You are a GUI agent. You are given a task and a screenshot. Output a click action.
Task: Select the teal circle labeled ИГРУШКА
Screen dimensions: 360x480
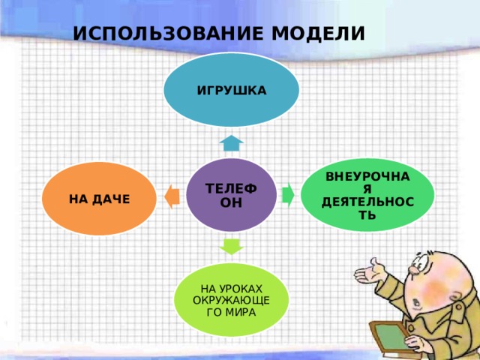click(x=232, y=89)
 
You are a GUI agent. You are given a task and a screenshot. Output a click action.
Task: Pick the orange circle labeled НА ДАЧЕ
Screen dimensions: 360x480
click(x=99, y=199)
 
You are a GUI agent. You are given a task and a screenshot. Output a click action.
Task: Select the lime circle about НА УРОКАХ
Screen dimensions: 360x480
click(x=231, y=300)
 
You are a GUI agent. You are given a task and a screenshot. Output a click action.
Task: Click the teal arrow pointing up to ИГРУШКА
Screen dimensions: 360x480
click(x=232, y=142)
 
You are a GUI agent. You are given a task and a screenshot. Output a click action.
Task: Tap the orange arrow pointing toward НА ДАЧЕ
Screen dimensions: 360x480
click(x=172, y=196)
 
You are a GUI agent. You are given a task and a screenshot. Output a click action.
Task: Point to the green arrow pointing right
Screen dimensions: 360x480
click(x=288, y=194)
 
